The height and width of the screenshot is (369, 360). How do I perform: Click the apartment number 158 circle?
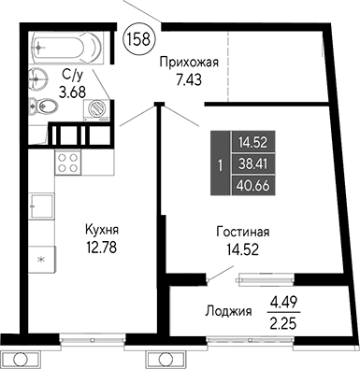coord(140,40)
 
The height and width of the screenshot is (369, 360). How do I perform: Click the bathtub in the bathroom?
coord(66,44)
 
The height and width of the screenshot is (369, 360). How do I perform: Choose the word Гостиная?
coord(244,231)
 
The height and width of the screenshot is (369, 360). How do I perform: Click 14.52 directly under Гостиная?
coord(245,248)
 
